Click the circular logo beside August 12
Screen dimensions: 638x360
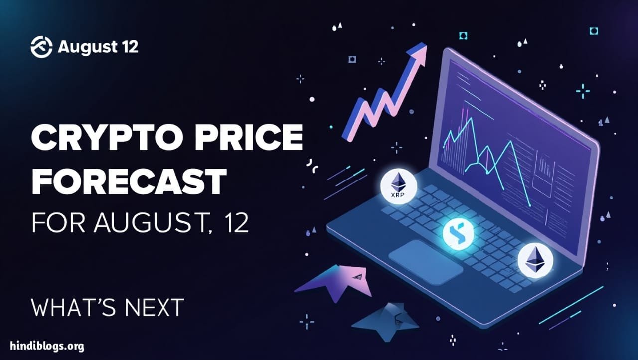(x=41, y=47)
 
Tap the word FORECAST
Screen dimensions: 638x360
(x=129, y=181)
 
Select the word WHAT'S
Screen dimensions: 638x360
(x=73, y=308)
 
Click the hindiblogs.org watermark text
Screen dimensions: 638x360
(x=47, y=346)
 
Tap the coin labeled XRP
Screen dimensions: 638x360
(x=398, y=186)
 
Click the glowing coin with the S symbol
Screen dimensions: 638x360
(x=458, y=234)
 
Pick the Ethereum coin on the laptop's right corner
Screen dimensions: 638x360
(x=535, y=261)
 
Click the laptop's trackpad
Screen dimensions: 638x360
(x=426, y=262)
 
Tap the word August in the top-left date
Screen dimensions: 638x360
(x=87, y=47)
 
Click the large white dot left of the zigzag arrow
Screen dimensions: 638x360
(x=312, y=99)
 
